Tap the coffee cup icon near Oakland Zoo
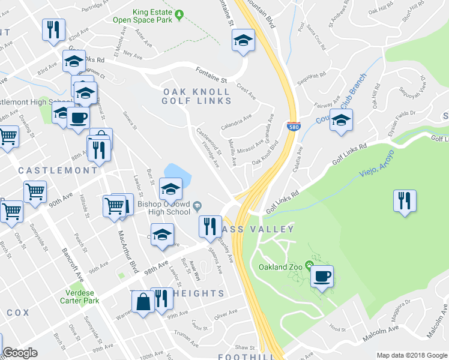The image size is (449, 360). pyautogui.click(x=323, y=276)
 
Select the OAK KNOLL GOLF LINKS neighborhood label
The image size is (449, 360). pyautogui.click(x=196, y=96)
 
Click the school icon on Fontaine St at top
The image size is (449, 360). pyautogui.click(x=243, y=41)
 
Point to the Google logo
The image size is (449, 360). pyautogui.click(x=20, y=353)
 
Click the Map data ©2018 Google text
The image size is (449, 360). pyautogui.click(x=411, y=355)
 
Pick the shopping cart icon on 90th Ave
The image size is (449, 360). pyautogui.click(x=35, y=191)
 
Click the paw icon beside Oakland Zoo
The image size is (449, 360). pyautogui.click(x=309, y=264)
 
